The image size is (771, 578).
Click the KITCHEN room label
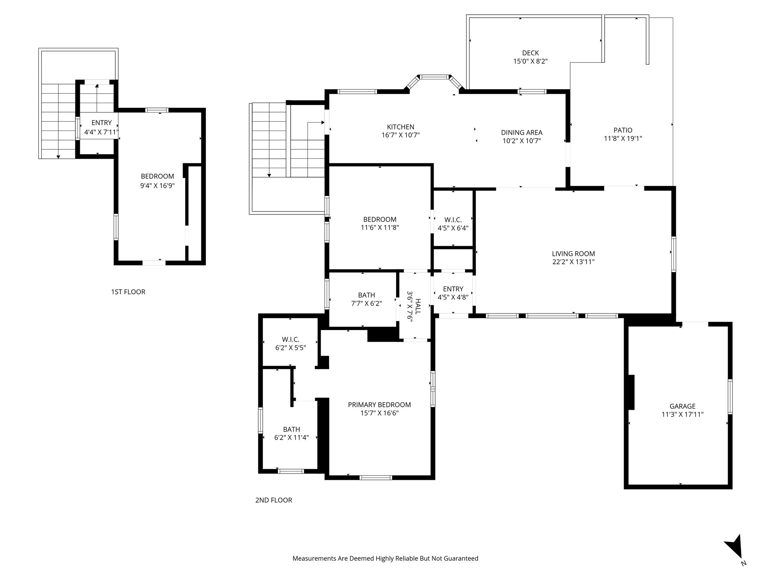tap(400, 127)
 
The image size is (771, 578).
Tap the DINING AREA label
tap(521, 132)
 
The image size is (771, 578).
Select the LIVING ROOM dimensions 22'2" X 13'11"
tap(573, 262)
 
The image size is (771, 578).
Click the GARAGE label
tap(682, 406)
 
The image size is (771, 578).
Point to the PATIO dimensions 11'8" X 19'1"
tap(623, 138)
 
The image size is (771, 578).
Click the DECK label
tap(530, 53)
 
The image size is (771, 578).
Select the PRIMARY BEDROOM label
tap(379, 405)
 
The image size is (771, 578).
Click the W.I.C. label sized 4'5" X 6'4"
tap(453, 220)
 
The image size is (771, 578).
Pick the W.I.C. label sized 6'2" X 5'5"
tap(290, 340)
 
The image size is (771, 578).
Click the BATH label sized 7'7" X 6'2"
tap(366, 295)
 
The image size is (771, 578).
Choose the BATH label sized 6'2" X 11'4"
tap(291, 429)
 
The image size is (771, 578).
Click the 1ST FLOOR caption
tap(128, 292)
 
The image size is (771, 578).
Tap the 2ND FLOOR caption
tap(273, 500)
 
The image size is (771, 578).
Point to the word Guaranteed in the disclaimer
tap(461, 558)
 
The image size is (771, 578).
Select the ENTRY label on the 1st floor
tap(101, 123)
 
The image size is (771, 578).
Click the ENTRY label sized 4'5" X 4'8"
tap(453, 289)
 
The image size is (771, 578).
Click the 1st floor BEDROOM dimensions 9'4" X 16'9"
tap(157, 186)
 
